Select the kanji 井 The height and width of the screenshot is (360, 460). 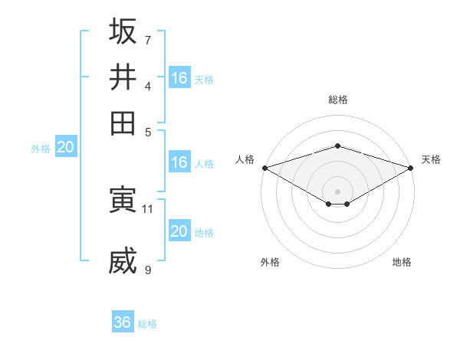123,77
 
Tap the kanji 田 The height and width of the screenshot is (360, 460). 123,123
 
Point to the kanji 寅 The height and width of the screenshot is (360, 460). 123,200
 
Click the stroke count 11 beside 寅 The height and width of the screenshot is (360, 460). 148,208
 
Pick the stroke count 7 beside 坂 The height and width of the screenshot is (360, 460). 147,40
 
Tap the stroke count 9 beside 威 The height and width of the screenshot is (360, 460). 147,270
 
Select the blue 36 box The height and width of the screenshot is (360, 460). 123,322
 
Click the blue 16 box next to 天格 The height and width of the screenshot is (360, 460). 179,78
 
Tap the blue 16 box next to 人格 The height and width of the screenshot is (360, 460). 179,162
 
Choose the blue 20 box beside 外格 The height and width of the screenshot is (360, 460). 65,148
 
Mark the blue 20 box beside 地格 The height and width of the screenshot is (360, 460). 179,231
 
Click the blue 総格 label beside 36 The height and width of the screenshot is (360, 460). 147,324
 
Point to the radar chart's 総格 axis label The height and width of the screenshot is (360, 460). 337,100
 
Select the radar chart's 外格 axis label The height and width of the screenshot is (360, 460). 270,262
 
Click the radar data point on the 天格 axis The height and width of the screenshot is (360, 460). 411,167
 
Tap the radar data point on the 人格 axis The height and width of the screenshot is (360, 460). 264,167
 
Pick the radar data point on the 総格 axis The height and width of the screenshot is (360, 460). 337,146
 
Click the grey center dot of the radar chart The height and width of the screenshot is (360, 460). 337,191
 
